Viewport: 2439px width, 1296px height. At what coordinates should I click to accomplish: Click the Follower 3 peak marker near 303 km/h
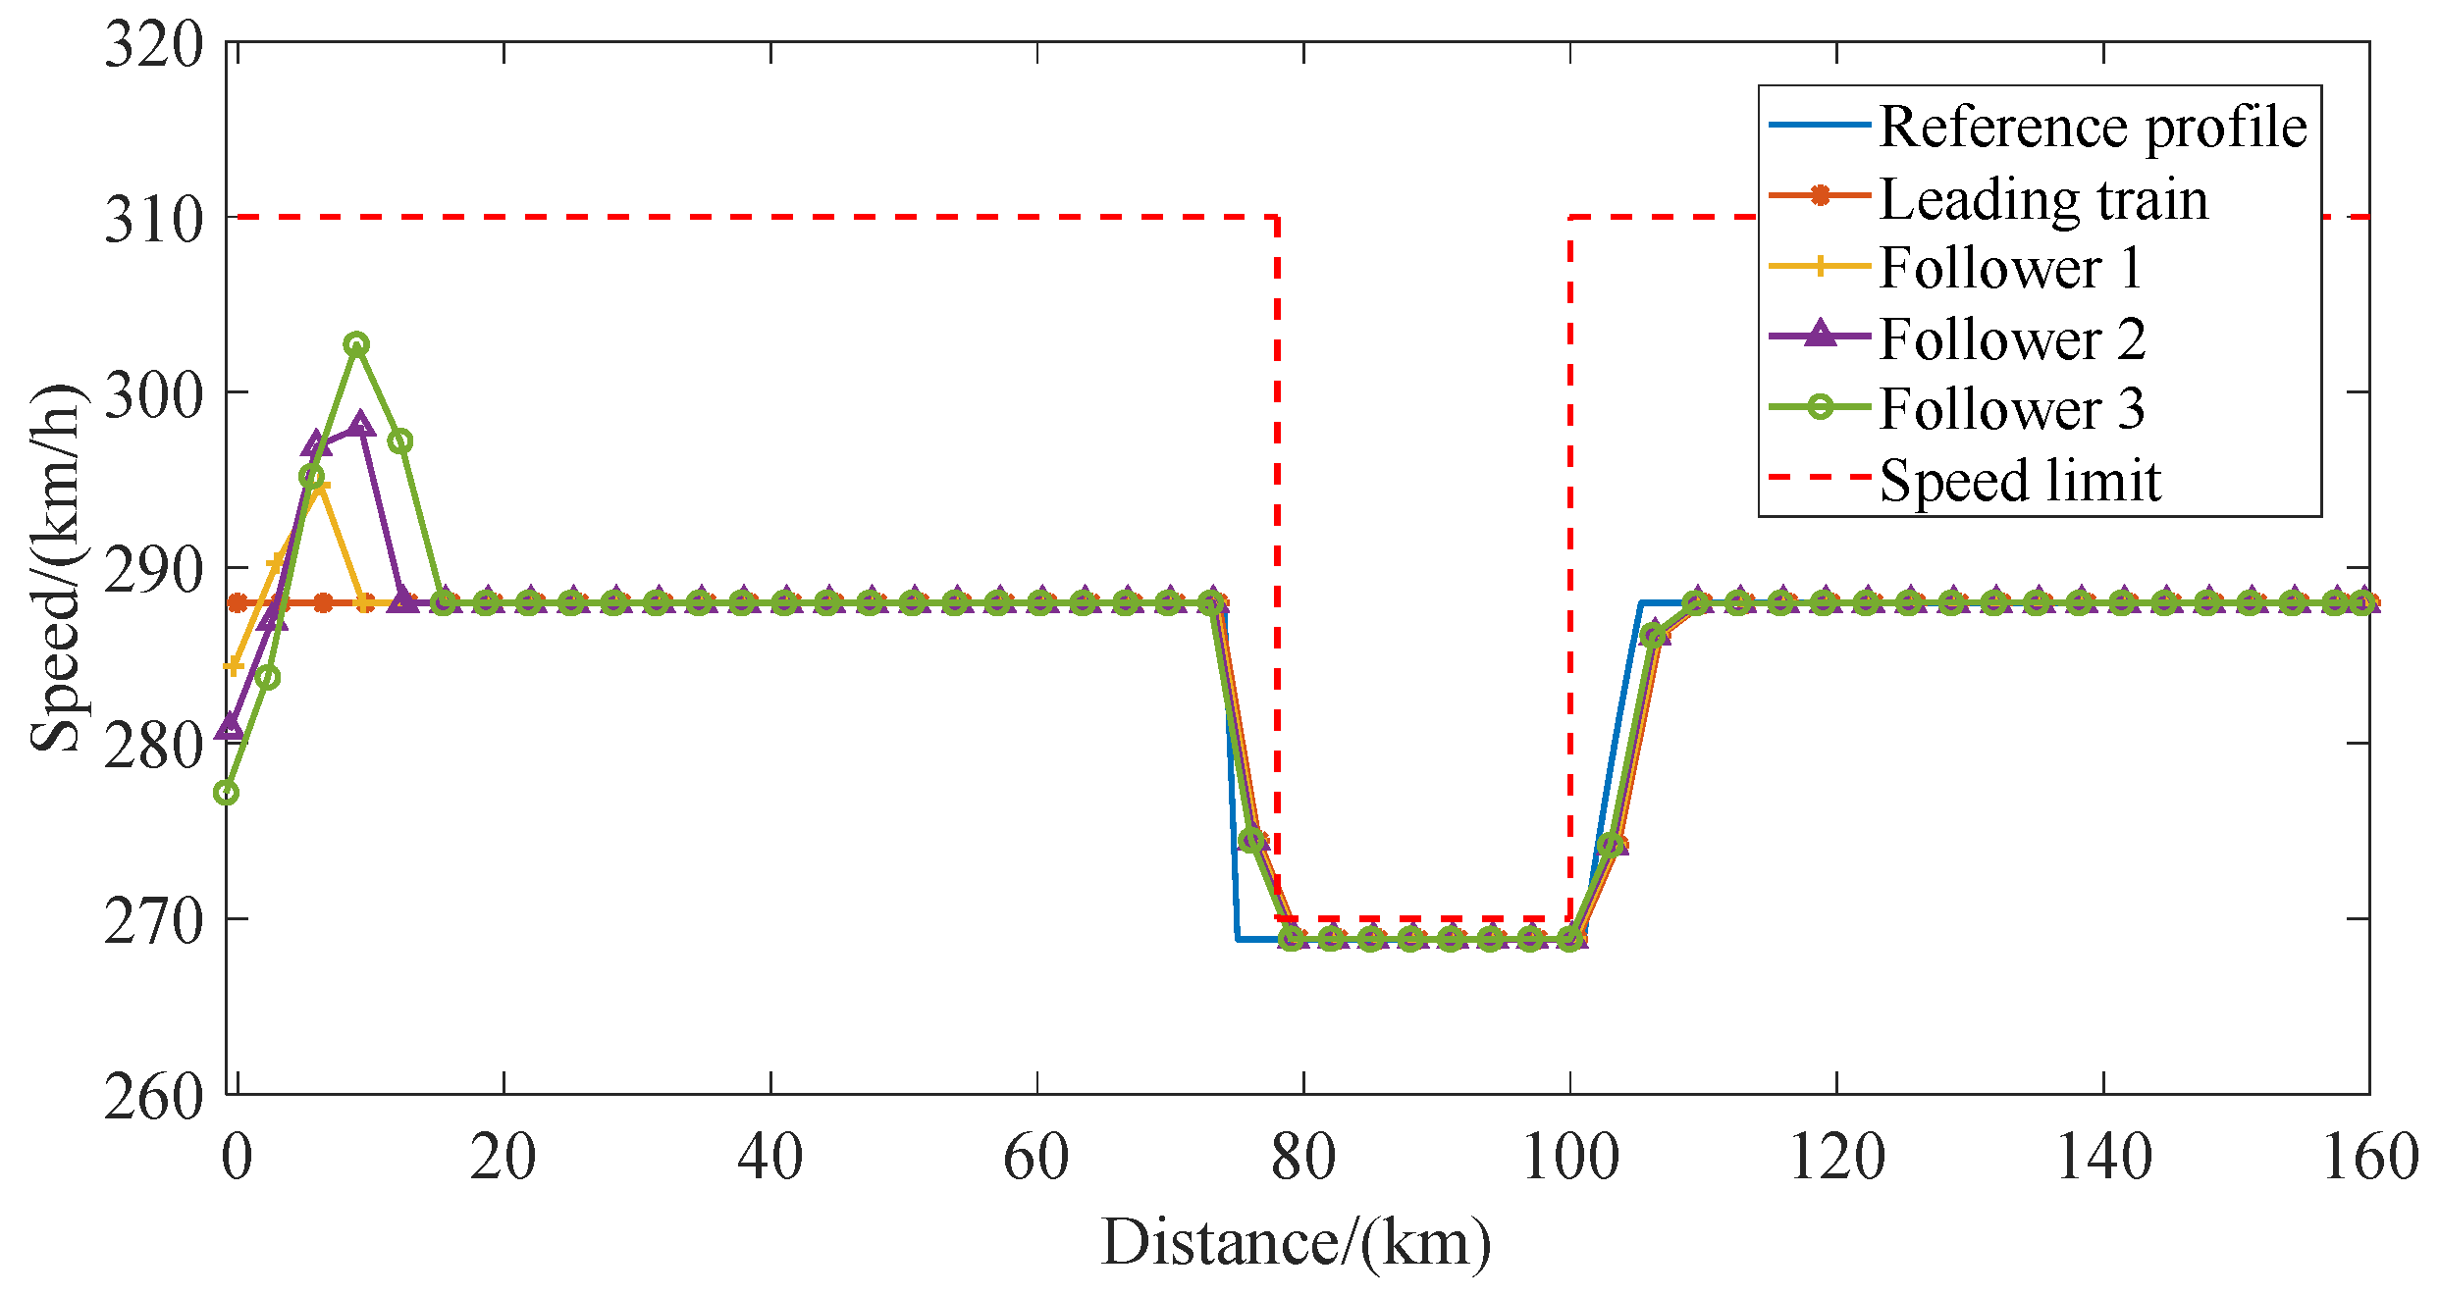coord(356,344)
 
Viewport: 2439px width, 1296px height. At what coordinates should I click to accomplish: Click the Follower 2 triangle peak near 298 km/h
coord(360,425)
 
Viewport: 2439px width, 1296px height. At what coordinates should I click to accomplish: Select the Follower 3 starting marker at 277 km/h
coord(227,793)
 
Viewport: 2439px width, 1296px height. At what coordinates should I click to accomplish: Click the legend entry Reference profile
coord(2092,127)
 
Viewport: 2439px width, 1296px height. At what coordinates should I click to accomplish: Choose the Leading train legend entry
coord(2042,198)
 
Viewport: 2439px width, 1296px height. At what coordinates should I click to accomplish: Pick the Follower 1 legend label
coord(2011,267)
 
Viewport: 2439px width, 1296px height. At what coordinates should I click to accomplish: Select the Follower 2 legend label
coord(2012,338)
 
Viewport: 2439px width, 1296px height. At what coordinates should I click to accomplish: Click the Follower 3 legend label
coord(2012,408)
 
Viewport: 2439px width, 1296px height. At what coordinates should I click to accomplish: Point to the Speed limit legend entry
coord(2020,480)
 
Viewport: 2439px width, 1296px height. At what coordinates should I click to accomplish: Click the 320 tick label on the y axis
coord(154,44)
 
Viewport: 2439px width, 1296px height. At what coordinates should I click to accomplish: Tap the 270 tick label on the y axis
coord(154,921)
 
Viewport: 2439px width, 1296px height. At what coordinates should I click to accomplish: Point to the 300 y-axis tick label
coord(154,394)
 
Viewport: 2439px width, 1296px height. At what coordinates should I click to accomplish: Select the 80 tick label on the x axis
coord(1302,1157)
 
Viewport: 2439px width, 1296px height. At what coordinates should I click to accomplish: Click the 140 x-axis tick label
coord(2103,1157)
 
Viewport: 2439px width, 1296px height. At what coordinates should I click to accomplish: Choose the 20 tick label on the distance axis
coord(503,1157)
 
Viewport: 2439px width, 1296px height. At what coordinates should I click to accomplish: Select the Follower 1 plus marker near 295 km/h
coord(318,487)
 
